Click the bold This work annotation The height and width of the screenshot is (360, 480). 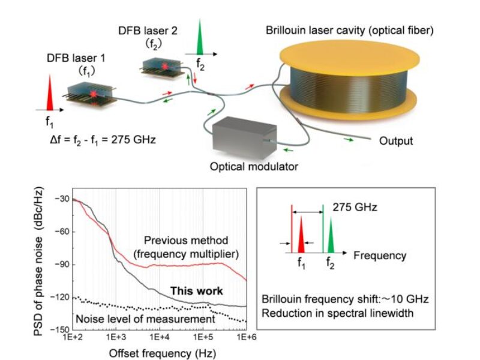pos(197,292)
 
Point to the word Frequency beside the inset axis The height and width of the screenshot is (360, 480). pos(379,256)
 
